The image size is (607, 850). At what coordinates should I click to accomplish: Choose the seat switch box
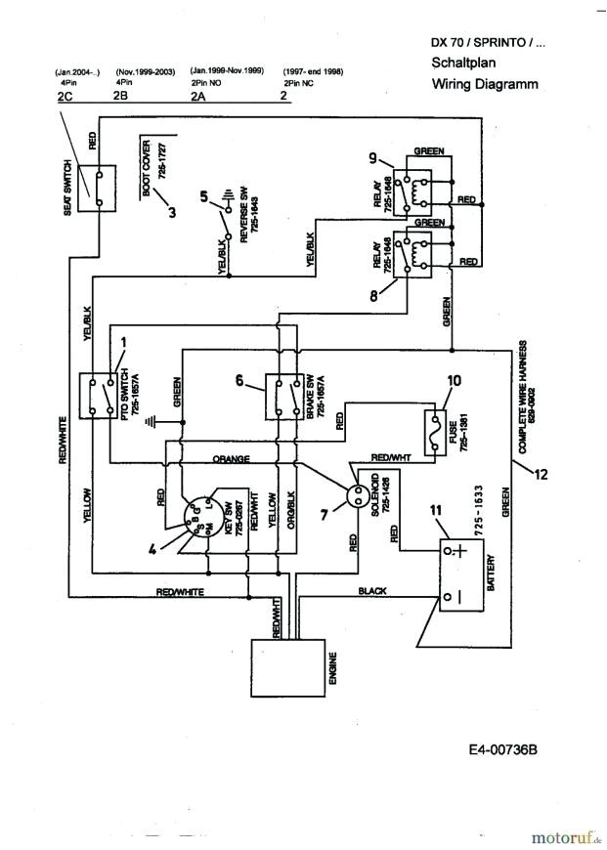click(x=98, y=186)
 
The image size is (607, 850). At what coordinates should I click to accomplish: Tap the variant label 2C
click(x=65, y=97)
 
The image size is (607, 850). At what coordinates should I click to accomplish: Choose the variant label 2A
click(x=198, y=97)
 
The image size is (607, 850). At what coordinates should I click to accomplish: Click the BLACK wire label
click(x=372, y=591)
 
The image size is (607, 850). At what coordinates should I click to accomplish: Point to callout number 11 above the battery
click(x=437, y=509)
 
